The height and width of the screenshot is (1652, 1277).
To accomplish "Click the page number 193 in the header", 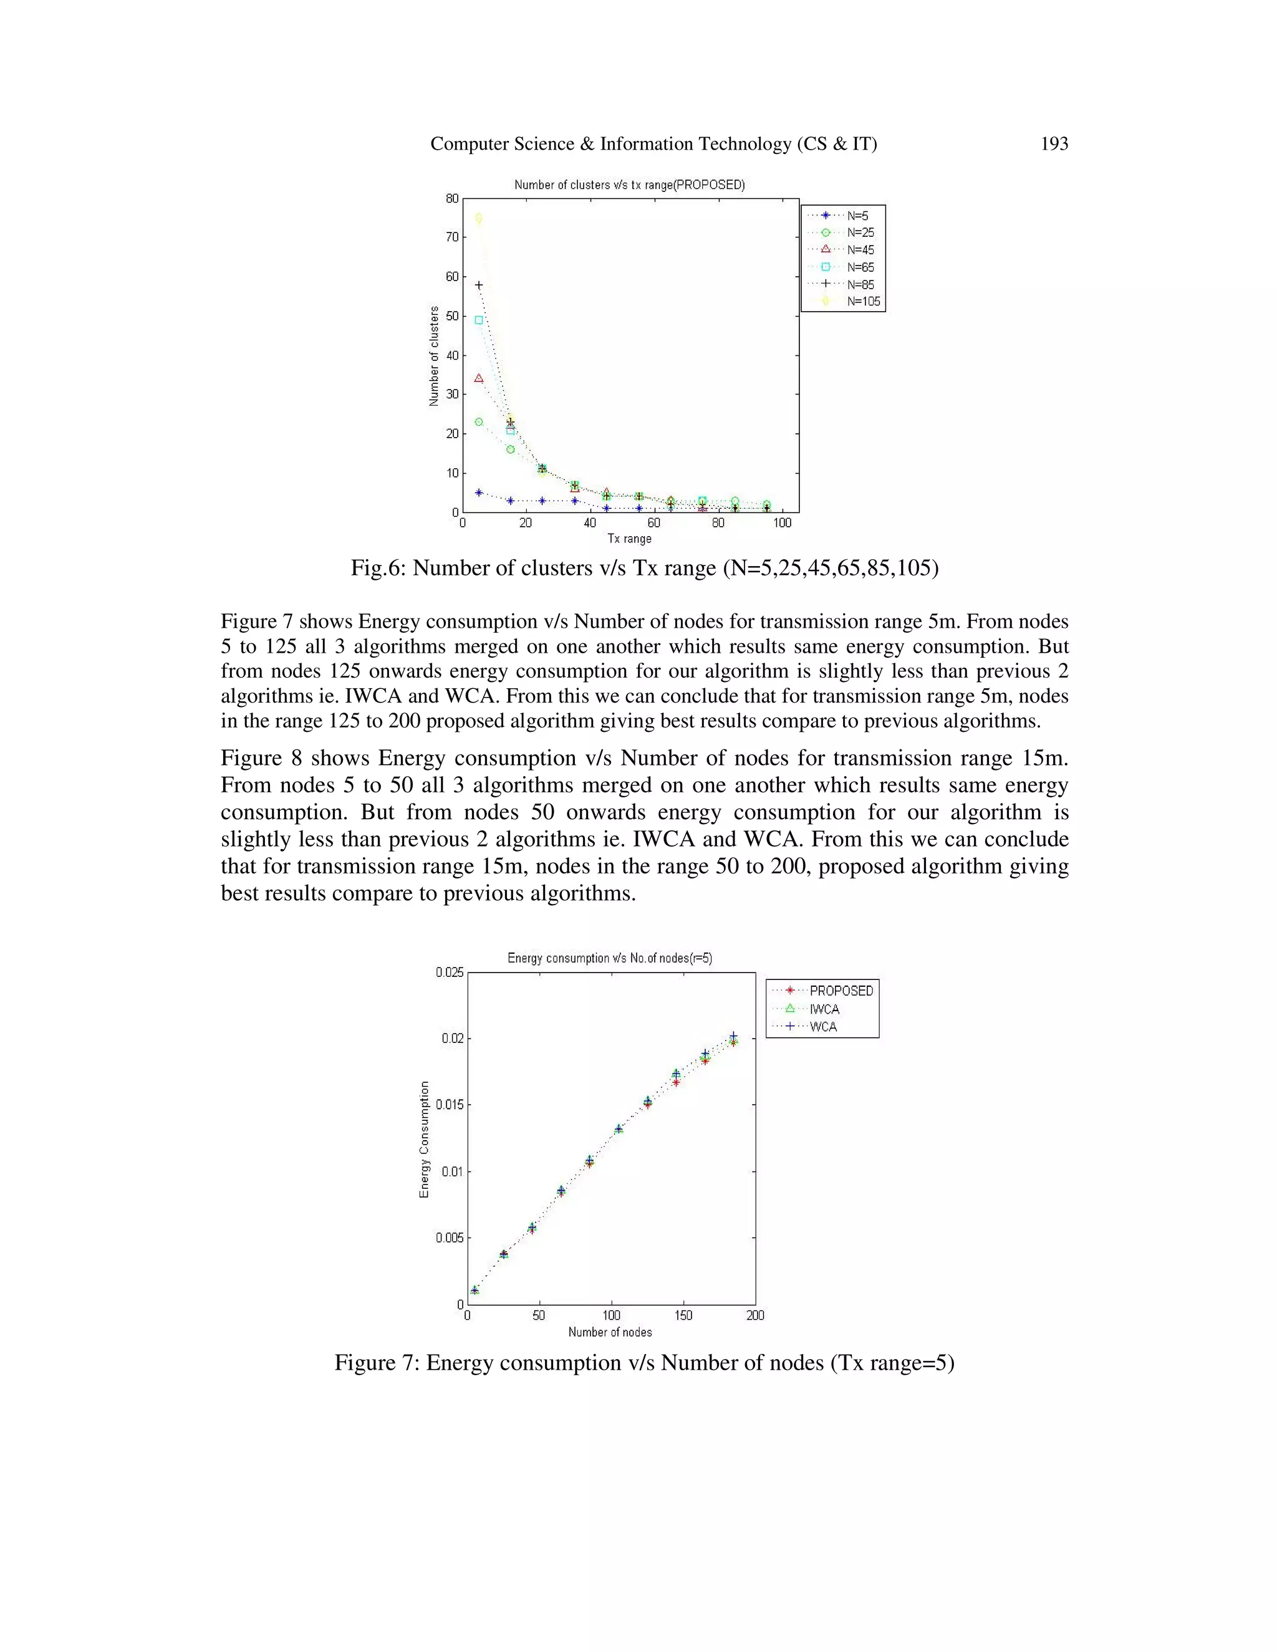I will [1054, 144].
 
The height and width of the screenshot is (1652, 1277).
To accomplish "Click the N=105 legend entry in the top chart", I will [863, 301].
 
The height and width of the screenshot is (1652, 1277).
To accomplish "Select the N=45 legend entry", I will [860, 249].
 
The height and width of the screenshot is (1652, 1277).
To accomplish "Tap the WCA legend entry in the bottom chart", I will [823, 1027].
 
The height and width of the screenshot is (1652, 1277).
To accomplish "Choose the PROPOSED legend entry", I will [841, 990].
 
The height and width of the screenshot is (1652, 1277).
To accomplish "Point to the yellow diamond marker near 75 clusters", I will [478, 218].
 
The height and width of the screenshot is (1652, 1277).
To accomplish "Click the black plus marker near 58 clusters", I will [478, 285].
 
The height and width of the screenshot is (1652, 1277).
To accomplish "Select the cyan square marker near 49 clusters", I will [478, 320].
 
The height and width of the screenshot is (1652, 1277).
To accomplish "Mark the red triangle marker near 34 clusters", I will [478, 378].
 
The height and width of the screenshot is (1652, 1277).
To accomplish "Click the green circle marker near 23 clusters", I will [478, 422].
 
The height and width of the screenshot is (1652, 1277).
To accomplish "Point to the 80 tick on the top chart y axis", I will [451, 199].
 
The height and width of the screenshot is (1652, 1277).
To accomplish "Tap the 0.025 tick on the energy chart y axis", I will [450, 972].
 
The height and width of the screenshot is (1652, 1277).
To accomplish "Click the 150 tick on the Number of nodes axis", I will [683, 1315].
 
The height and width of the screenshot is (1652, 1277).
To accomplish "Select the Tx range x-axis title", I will [629, 539].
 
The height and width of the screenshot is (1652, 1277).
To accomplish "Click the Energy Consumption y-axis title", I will [425, 1139].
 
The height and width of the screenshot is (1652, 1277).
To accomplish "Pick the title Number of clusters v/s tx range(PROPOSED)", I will [629, 185].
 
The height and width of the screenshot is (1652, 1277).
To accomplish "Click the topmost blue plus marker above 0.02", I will [732, 1035].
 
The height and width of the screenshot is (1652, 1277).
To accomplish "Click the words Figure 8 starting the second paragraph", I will [261, 758].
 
